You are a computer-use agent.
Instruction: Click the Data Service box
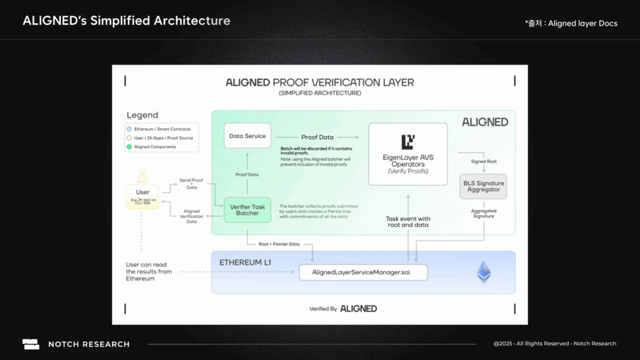click(x=247, y=136)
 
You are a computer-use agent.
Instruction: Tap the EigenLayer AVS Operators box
click(x=407, y=154)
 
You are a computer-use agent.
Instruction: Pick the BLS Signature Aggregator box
click(x=483, y=186)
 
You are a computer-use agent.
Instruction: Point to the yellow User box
click(x=142, y=196)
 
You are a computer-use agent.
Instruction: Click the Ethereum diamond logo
click(x=484, y=272)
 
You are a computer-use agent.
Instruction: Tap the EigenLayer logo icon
click(x=408, y=141)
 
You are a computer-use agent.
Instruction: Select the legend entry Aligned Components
click(x=155, y=146)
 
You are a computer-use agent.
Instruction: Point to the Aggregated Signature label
click(x=484, y=213)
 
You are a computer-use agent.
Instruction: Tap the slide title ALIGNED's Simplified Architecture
click(x=126, y=21)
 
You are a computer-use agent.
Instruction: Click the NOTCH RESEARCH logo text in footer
click(x=89, y=344)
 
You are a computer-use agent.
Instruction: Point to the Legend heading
click(x=142, y=115)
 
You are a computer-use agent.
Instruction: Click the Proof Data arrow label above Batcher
click(x=247, y=174)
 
